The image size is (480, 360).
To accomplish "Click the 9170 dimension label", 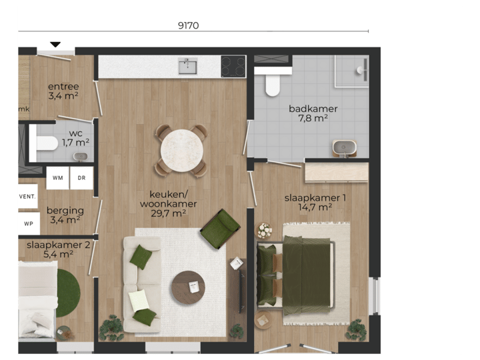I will (189, 25).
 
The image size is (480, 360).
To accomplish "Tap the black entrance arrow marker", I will (55, 45).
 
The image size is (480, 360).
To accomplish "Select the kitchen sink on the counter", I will (187, 65).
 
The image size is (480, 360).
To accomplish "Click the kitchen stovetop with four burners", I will (233, 66).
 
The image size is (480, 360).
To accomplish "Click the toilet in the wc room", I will (45, 143).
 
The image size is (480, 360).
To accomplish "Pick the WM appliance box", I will (58, 178).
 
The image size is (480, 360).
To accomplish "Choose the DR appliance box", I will (81, 178).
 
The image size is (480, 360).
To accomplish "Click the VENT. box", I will (28, 197).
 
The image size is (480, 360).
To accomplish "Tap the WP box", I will (28, 223).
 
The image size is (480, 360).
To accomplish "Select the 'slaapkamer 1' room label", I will (315, 197).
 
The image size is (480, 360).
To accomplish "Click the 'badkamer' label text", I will (313, 109).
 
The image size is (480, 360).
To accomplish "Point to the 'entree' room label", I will (63, 87).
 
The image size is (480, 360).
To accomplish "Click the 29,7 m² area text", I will (169, 213).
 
